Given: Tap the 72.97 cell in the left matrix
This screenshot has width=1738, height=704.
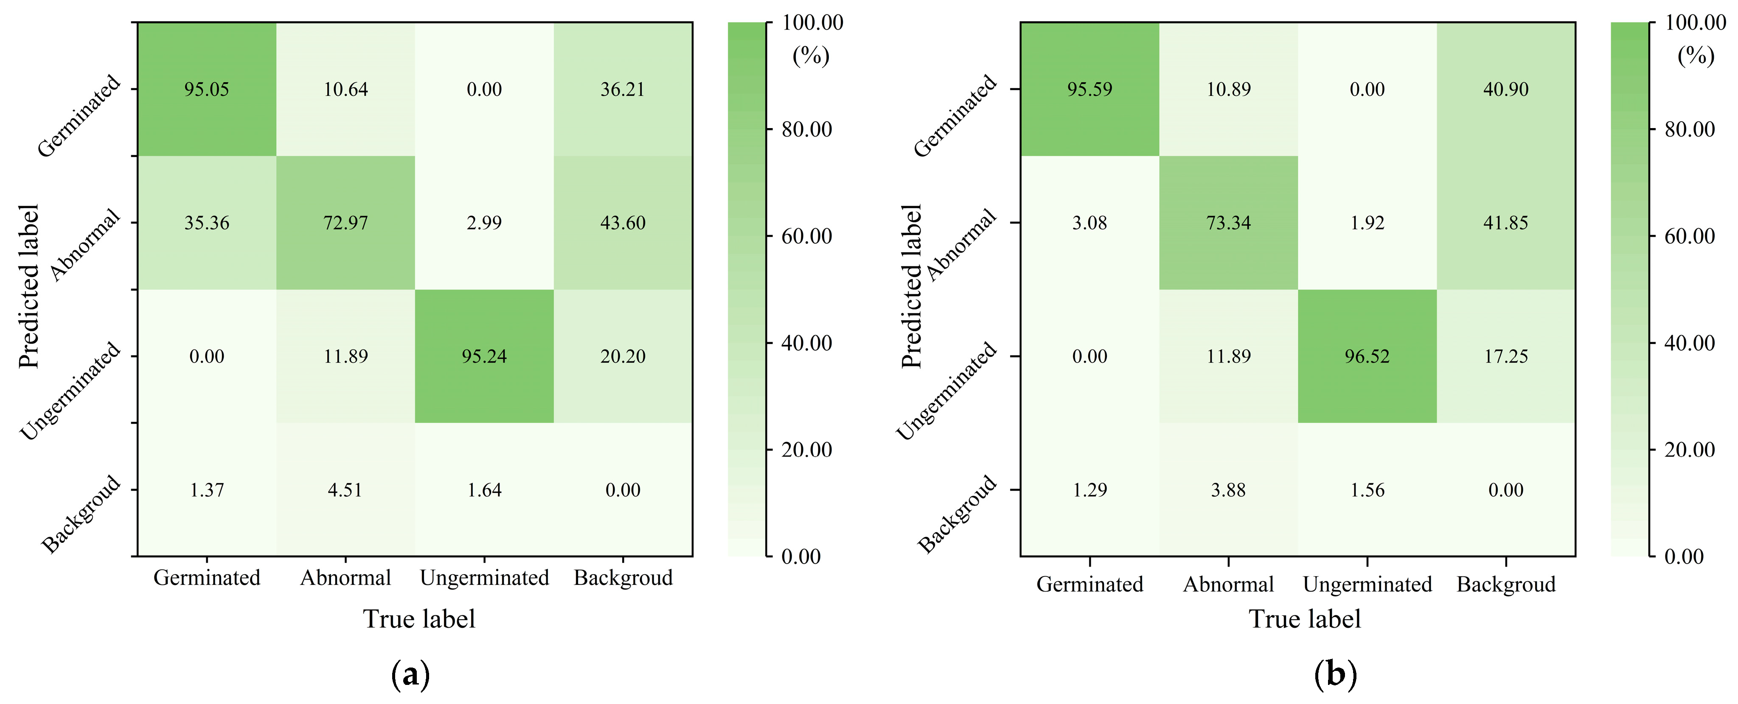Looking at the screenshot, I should pos(345,223).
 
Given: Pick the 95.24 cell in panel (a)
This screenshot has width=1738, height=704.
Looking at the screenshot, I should pos(484,356).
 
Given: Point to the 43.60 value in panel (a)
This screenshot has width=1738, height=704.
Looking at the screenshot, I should pos(623,223).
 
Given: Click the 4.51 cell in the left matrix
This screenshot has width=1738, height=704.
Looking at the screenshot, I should pos(345,489).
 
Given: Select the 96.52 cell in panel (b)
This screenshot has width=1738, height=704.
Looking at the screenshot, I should pos(1367,356).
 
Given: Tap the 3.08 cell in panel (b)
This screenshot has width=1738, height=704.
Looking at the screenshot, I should pos(1089,223).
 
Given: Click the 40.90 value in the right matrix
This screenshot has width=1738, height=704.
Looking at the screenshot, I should pos(1505,89).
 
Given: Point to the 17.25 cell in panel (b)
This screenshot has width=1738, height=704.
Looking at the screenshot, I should pos(1505,356).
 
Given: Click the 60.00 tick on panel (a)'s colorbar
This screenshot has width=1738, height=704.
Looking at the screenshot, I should pos(806,236).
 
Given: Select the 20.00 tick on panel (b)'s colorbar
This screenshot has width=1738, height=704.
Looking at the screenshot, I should pos(1690,450).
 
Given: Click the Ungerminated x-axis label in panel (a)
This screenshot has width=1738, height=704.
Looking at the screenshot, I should pos(484,578).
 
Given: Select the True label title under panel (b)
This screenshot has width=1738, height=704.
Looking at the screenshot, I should pos(1304,619).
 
